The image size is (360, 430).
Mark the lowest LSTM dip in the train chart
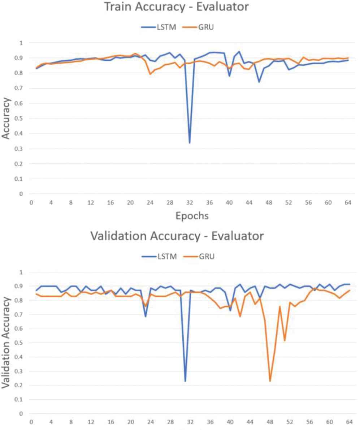click(189, 143)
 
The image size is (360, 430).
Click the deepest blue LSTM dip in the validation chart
click(185, 381)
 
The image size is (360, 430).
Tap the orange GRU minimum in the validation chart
click(270, 381)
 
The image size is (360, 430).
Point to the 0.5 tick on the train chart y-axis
click(21, 119)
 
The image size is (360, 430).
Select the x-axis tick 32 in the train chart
click(189, 203)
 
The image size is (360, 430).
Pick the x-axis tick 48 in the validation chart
click(270, 422)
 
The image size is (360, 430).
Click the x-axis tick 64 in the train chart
click(348, 203)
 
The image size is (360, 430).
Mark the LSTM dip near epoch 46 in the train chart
click(259, 82)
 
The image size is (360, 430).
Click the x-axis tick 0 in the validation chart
click(31, 422)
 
